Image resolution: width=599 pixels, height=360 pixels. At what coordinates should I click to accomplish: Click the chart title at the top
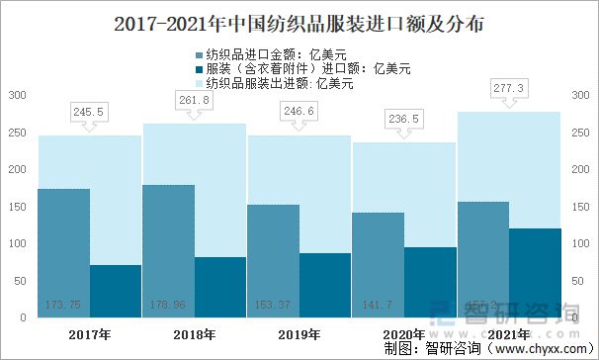point(299,20)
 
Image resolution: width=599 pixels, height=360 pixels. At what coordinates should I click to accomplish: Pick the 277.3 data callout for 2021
point(510,89)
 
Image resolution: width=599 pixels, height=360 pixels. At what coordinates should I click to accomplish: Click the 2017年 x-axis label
point(90,335)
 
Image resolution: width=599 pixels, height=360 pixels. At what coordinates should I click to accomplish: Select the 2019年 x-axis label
point(299,335)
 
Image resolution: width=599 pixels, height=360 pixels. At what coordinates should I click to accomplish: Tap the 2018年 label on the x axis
point(195,335)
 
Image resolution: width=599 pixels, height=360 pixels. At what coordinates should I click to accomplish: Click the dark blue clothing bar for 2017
point(116,294)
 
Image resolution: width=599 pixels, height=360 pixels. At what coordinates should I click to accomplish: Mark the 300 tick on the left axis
point(17,96)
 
